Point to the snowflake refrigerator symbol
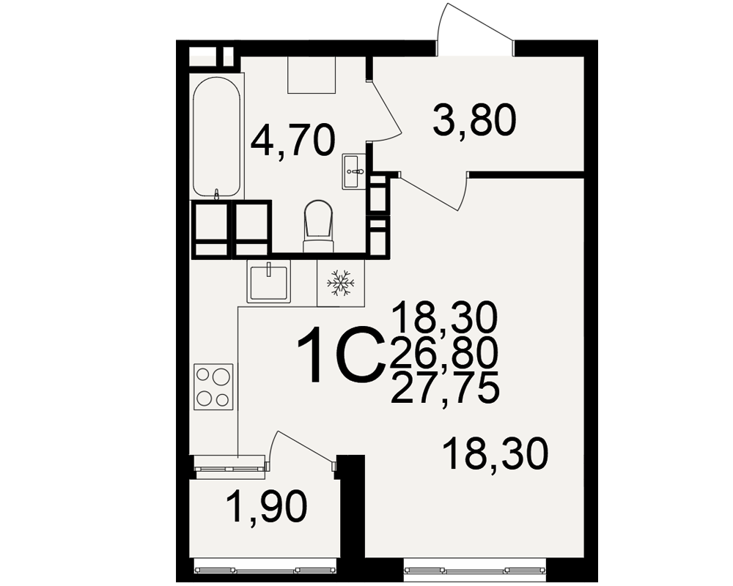pos(340,283)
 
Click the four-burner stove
pos(213,387)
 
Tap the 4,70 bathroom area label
pos(293,140)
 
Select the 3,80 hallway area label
pos(474,120)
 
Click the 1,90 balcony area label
pos(267,507)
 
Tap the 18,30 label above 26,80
pos(446,317)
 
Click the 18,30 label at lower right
pos(496,453)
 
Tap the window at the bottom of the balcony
pos(265,569)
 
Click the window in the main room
pos(476,570)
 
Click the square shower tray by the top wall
pos(312,75)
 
